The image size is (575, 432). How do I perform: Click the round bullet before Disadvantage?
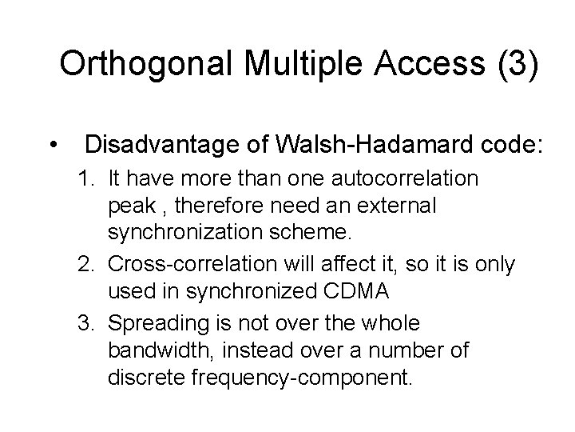[52, 146]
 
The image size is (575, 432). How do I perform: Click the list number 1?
[85, 178]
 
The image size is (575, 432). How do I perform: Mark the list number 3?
[85, 322]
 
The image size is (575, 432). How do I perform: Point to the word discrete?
[146, 379]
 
